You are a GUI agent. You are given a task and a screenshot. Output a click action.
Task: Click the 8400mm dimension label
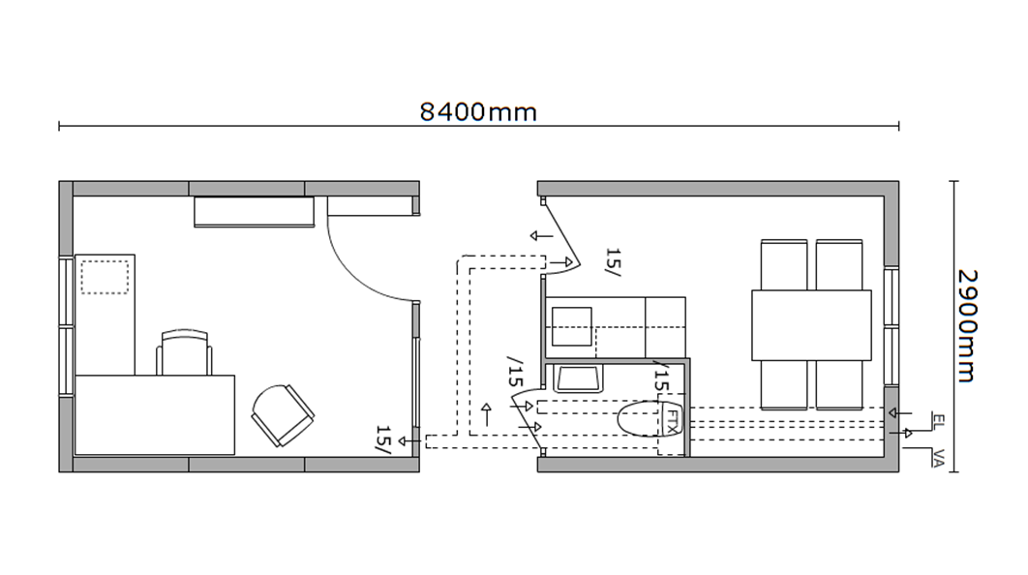click(478, 112)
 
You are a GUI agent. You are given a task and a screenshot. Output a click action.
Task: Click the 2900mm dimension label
click(968, 325)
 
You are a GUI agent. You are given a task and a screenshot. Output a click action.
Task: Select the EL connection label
click(938, 420)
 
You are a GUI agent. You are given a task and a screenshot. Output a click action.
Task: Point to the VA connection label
click(938, 458)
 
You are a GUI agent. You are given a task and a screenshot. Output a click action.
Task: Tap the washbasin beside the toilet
click(578, 378)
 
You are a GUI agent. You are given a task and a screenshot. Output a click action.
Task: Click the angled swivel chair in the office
click(283, 415)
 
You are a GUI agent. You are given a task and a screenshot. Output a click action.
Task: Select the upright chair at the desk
click(184, 352)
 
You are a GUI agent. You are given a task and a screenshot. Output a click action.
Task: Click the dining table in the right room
click(811, 324)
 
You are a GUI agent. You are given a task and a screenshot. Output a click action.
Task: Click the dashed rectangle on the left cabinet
click(105, 277)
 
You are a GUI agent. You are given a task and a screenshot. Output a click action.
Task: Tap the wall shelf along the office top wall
click(254, 212)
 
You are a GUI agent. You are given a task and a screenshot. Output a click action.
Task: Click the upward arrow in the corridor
click(487, 414)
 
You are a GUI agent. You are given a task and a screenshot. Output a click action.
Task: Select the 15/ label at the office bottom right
click(384, 439)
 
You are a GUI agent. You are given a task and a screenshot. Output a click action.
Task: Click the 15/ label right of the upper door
click(613, 262)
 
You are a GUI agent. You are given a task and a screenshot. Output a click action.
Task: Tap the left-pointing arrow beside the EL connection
click(900, 413)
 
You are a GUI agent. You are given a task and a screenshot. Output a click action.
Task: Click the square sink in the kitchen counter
click(572, 326)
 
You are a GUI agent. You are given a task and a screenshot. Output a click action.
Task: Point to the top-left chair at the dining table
click(784, 265)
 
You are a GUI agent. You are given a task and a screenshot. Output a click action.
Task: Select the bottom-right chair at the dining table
click(839, 385)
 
